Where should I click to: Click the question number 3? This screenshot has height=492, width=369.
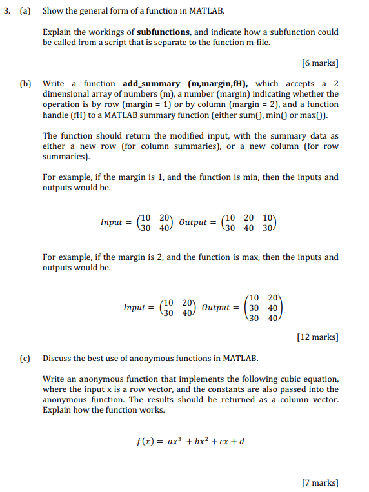click(x=9, y=12)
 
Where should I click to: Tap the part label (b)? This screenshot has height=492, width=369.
click(x=26, y=83)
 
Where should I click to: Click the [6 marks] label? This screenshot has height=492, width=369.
click(x=320, y=63)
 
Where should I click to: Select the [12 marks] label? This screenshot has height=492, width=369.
click(x=317, y=337)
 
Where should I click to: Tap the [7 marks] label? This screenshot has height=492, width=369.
click(x=320, y=482)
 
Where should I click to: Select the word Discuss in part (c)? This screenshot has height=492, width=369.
click(x=58, y=358)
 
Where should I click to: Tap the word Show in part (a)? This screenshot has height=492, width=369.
click(x=54, y=12)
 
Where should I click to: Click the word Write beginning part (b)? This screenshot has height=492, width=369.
click(x=55, y=83)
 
